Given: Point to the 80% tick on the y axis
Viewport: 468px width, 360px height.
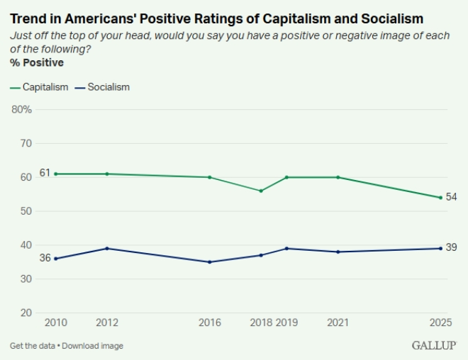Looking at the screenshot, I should click(x=22, y=109).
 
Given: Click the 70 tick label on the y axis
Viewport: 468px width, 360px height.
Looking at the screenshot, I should click(x=27, y=143).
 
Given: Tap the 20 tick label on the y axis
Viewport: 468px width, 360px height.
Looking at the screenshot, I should click(x=27, y=313).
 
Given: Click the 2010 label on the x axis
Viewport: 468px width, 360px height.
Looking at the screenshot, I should click(x=56, y=322).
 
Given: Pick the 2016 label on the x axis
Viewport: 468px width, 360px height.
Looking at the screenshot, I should click(x=210, y=322).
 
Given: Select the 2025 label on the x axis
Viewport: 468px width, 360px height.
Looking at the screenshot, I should click(x=440, y=322).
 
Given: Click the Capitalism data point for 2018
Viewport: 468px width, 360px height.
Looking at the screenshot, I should click(x=261, y=191).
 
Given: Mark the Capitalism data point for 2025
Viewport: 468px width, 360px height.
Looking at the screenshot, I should click(x=440, y=198).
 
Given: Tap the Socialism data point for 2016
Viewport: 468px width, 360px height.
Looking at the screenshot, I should click(x=210, y=262).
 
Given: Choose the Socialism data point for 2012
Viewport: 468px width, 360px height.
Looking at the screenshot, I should click(x=107, y=248).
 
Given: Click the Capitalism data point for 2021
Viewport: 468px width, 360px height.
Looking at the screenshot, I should click(x=338, y=177).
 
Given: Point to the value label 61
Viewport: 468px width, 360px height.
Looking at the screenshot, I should click(x=45, y=173).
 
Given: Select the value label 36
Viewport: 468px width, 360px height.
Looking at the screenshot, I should click(x=45, y=258).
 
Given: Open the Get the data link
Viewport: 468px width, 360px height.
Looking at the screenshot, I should click(x=32, y=346).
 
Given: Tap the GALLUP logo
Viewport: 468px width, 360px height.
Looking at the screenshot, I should click(x=433, y=345).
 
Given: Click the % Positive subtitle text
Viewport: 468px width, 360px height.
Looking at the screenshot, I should click(x=37, y=63).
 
